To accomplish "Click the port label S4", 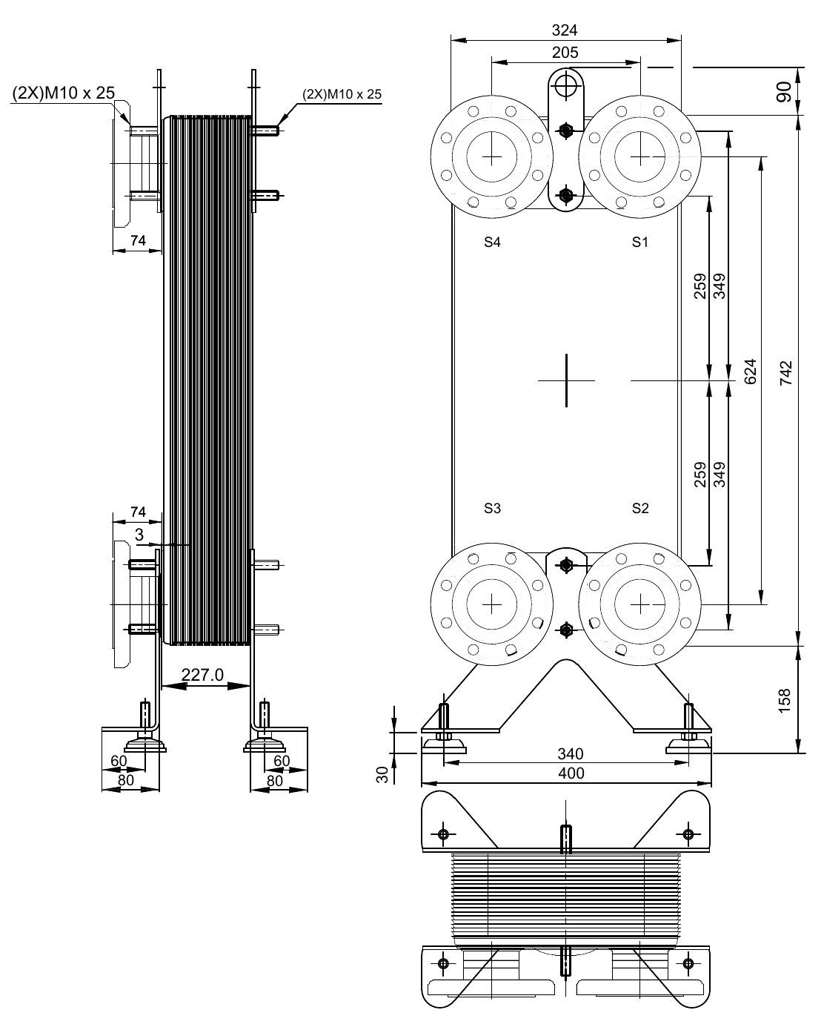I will (x=492, y=242).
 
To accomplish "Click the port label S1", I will (x=640, y=242).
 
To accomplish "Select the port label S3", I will (x=492, y=508).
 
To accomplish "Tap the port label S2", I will (x=640, y=508).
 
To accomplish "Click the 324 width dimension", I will (x=565, y=30).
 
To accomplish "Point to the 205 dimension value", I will (x=565, y=53).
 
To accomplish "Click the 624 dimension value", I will (x=750, y=372).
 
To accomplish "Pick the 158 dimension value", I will (x=786, y=699).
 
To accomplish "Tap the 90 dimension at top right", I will (x=786, y=91).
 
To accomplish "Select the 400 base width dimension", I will (x=571, y=773).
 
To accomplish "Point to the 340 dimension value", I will (x=571, y=754).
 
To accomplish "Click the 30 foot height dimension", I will (x=382, y=775).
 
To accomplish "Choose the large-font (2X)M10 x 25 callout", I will (x=63, y=93).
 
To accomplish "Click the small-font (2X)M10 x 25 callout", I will (x=342, y=94).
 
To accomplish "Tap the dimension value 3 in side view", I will (x=139, y=534).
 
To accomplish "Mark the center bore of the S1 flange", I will (x=640, y=157).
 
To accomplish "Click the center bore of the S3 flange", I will (x=492, y=605).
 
